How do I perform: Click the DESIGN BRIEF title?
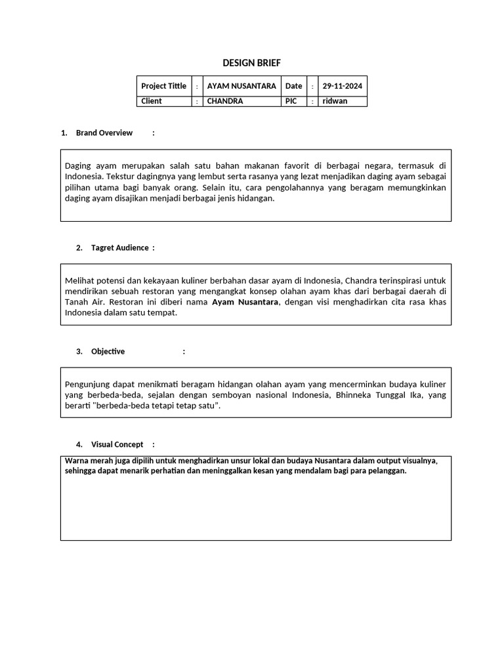click(x=251, y=63)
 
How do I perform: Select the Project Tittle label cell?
click(x=163, y=86)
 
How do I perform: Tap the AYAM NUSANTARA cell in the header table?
click(x=241, y=86)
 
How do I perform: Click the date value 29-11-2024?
click(x=342, y=86)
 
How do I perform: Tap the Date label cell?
click(x=293, y=86)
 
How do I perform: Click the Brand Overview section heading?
click(x=104, y=133)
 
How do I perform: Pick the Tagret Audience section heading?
click(x=120, y=247)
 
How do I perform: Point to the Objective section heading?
click(x=108, y=351)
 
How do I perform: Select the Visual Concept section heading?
click(x=117, y=444)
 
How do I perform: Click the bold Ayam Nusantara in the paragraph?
click(x=245, y=302)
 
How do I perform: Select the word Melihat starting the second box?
click(x=80, y=280)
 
